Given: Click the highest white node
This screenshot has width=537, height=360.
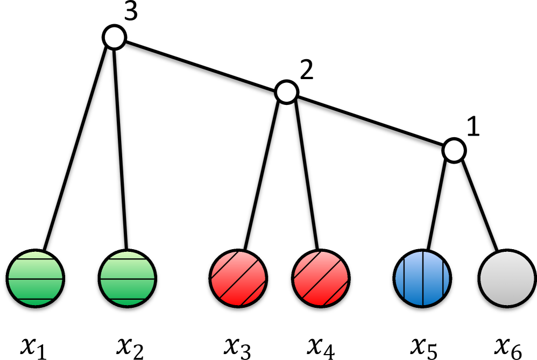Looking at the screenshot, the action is [115, 37].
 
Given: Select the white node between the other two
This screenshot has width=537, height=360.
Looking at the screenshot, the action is [287, 92].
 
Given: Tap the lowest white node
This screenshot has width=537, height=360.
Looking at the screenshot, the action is [454, 151].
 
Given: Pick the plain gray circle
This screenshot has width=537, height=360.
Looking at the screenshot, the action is [507, 278].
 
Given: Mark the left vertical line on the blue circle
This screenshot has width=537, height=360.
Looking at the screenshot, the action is [404, 278].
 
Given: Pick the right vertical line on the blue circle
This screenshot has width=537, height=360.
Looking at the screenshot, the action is [443, 278].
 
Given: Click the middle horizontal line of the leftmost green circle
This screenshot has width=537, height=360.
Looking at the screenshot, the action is [36, 279].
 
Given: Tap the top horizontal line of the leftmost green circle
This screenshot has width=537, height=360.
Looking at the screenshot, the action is [36, 259].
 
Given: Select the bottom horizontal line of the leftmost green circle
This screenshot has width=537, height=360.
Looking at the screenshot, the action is [36, 299].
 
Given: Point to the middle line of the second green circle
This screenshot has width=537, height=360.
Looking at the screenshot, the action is [128, 279].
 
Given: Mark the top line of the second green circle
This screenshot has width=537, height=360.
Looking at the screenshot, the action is [128, 259].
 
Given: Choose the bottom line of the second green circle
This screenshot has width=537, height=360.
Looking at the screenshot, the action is [128, 299].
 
